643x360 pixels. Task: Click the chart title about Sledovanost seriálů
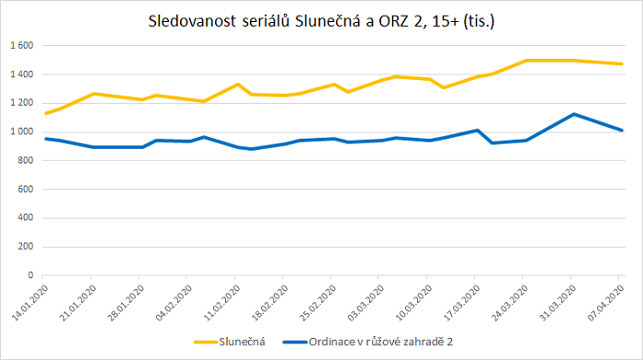[321, 20]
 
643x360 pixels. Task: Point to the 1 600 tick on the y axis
[21, 45]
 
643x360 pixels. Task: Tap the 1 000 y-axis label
[21, 131]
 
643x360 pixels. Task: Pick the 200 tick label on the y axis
[25, 246]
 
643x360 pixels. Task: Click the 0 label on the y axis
[30, 275]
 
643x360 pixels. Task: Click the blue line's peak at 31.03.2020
[572, 114]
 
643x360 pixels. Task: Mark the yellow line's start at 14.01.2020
[45, 113]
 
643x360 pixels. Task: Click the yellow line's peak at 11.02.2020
[238, 84]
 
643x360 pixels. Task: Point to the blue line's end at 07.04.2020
[622, 130]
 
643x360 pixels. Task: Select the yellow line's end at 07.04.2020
[622, 64]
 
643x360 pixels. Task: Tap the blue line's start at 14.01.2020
[45, 139]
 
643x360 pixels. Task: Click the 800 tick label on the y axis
[25, 160]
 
